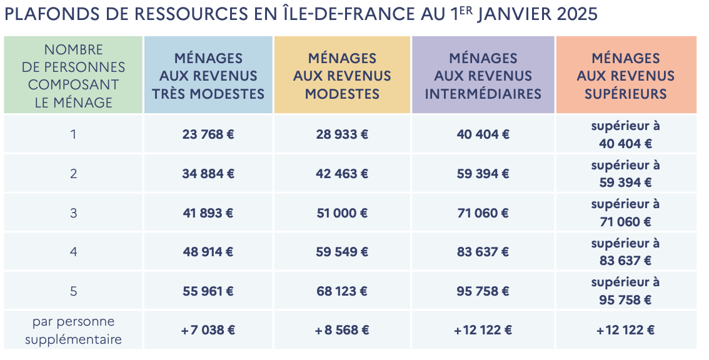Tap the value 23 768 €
[208, 134]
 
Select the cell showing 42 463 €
[342, 174]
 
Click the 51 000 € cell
[342, 213]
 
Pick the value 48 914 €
[208, 252]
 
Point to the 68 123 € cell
[342, 291]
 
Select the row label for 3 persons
[74, 213]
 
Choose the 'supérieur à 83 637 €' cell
[625, 252]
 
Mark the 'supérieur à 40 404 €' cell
[625, 134]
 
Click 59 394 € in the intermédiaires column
[483, 174]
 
